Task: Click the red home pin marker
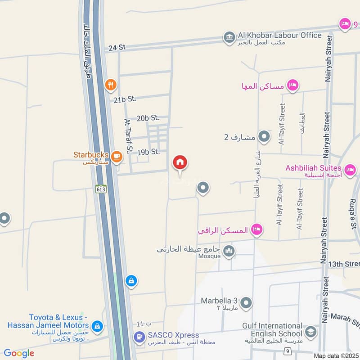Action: click(180, 163)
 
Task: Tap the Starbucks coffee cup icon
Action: click(117, 156)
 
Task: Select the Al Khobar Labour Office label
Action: click(279, 35)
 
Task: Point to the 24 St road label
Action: click(117, 47)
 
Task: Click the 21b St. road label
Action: click(125, 99)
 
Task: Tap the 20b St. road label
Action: click(148, 118)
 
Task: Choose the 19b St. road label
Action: click(149, 152)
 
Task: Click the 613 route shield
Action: click(101, 189)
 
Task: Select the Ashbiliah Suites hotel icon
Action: click(350, 170)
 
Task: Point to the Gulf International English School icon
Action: click(310, 332)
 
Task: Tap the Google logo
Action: click(19, 353)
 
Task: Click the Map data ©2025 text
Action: click(335, 356)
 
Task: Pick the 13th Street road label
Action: click(344, 263)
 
